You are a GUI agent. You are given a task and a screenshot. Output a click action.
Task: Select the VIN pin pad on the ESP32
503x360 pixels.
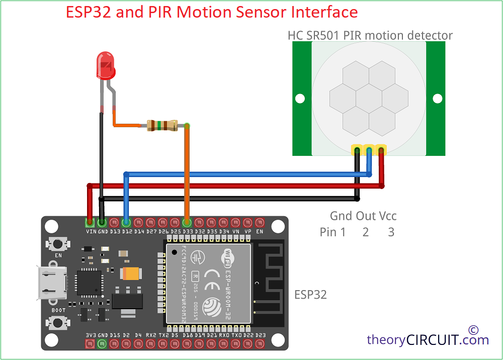(90, 222)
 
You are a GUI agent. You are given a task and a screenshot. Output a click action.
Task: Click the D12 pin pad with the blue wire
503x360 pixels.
(126, 222)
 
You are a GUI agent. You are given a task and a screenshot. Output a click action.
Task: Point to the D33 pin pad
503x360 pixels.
(187, 222)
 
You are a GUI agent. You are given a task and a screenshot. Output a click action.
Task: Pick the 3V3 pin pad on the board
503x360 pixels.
(90, 344)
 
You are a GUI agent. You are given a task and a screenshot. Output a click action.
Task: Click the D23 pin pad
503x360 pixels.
(260, 344)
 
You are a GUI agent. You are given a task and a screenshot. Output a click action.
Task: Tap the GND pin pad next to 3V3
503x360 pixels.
(102, 344)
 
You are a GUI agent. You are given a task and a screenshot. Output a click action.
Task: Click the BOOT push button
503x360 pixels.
(58, 322)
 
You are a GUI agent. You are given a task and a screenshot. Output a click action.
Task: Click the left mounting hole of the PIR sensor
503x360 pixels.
(300, 99)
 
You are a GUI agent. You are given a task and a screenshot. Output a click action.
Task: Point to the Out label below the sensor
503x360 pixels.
(366, 216)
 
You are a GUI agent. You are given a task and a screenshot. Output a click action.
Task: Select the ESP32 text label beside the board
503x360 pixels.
(310, 295)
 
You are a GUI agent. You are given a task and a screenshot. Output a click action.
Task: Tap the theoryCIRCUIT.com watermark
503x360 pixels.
(428, 340)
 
